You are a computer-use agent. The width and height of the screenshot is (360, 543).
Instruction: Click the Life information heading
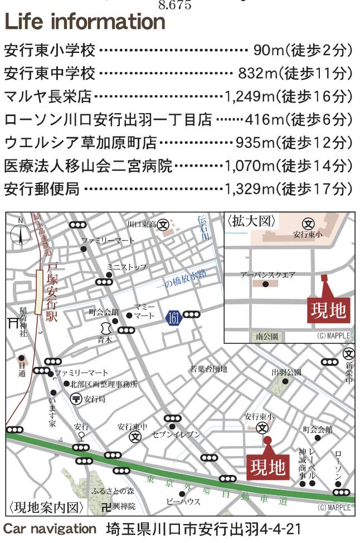85,22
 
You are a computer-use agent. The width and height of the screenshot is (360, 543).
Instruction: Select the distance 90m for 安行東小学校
269,51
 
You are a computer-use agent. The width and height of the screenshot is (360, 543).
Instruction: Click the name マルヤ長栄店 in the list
47,97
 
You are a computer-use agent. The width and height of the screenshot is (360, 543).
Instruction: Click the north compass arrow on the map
21,234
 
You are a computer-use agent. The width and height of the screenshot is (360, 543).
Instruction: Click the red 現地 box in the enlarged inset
328,310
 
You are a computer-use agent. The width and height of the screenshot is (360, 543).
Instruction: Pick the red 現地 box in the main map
267,464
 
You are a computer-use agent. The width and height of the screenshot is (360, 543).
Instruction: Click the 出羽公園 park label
286,372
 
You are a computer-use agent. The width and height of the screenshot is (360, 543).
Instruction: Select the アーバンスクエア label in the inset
268,275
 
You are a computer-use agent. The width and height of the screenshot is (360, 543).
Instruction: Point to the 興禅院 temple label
124,507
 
